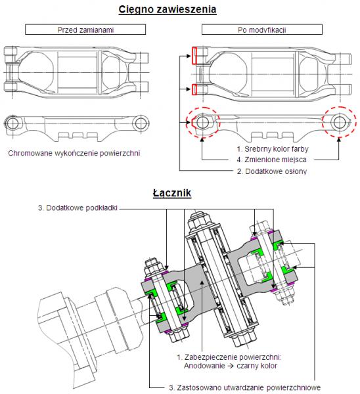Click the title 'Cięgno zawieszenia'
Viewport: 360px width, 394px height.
tap(168, 10)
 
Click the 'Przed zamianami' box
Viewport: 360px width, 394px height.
tap(85, 30)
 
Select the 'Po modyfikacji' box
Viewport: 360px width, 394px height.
tap(262, 30)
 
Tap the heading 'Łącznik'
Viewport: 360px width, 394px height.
tap(172, 193)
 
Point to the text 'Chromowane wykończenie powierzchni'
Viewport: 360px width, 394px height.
tap(74, 153)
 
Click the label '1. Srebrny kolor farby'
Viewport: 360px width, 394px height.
tap(273, 149)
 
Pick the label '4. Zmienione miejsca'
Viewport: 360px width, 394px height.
tap(271, 160)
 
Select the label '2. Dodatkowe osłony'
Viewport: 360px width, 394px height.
tap(272, 171)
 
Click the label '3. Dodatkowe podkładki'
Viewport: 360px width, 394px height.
tap(78, 208)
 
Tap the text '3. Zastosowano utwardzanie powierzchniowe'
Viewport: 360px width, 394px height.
tap(244, 387)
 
